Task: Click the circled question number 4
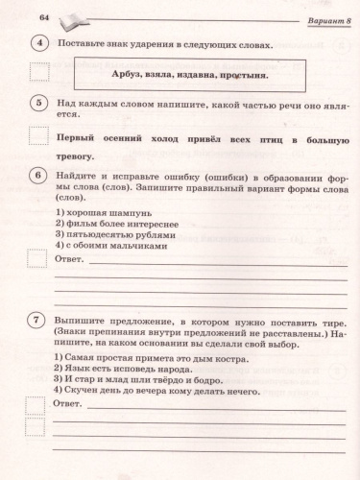click(39, 45)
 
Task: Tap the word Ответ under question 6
click(71, 259)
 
